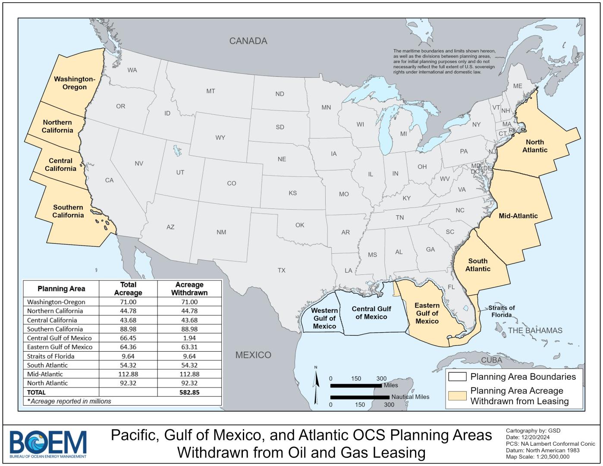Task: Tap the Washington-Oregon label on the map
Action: click(74, 83)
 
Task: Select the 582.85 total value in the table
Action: click(189, 392)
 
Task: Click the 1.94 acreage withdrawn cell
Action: click(189, 338)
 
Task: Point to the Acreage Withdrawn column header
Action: click(189, 289)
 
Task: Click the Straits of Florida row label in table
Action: click(50, 356)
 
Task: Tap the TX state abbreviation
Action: click(281, 271)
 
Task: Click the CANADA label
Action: click(248, 41)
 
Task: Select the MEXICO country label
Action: click(253, 355)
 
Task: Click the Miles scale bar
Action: click(356, 385)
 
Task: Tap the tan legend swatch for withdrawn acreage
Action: click(457, 396)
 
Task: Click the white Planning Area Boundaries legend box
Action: click(457, 377)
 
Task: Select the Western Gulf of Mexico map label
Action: click(324, 318)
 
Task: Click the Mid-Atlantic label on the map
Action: click(518, 216)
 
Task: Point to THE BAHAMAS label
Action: click(535, 331)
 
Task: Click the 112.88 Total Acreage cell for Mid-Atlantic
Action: click(128, 374)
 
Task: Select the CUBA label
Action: click(491, 360)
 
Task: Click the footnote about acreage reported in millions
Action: click(69, 401)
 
